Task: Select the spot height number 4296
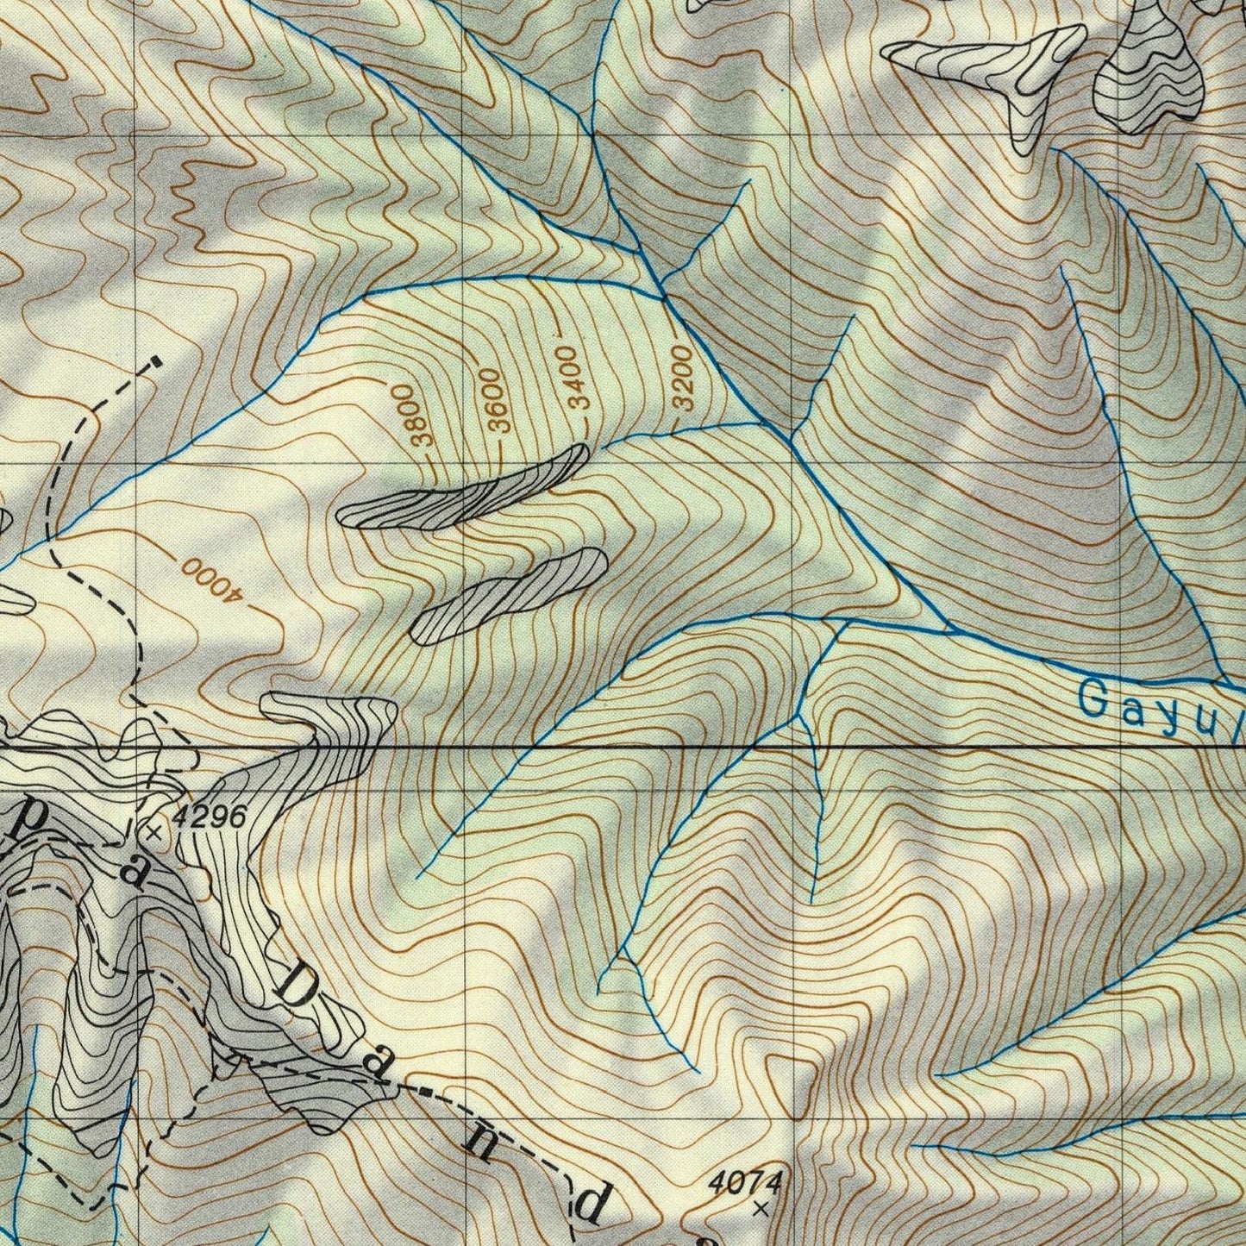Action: [210, 816]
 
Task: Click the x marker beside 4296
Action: [154, 833]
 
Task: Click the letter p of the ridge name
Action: [28, 823]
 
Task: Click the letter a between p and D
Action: [132, 871]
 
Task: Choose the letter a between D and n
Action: [374, 1064]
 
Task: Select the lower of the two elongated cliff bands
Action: [510, 595]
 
